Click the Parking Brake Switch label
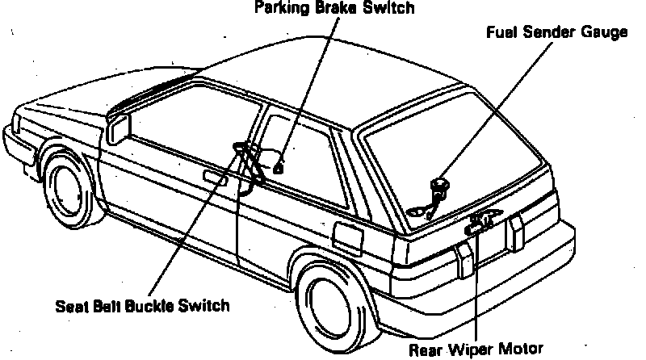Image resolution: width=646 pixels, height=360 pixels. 334,9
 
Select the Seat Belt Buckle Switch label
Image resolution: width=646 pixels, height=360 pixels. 143,306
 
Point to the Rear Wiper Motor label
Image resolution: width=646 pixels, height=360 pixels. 476,350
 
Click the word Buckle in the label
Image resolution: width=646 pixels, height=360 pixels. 152,306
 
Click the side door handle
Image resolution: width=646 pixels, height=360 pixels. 214,178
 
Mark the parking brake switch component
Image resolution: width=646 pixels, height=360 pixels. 278,169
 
